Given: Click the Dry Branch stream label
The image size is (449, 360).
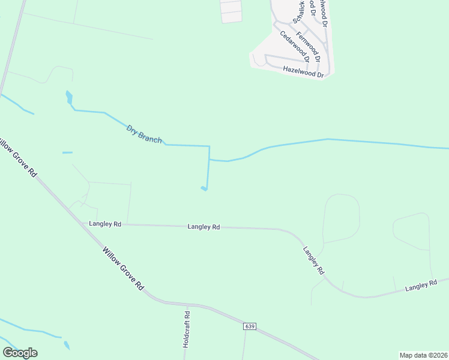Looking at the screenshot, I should coord(144,133).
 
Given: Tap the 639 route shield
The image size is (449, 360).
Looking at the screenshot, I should coord(250,326).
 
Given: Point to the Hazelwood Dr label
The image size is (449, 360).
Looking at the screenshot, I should coord(303,71).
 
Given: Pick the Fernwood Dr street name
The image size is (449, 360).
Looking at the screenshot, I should coord(308,47).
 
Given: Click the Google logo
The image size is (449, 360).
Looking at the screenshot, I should coord(20,353).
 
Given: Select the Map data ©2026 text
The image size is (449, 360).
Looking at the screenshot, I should coord(423,355).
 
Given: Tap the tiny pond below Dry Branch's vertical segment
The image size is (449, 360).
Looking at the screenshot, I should coord(204,189).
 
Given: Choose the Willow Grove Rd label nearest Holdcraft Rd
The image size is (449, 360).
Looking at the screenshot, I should coord(123,269).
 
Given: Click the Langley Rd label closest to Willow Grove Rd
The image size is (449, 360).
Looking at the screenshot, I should coord(105,224).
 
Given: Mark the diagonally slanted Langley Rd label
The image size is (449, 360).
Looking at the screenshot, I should coord(313,260).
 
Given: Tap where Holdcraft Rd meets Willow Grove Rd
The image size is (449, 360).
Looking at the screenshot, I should coord(186,304).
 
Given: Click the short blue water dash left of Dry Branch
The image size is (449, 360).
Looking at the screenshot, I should coord(67,152).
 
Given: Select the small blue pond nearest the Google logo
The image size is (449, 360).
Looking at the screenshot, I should coord(67,346).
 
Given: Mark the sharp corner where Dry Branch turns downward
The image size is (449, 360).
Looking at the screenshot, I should coord(209,146).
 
